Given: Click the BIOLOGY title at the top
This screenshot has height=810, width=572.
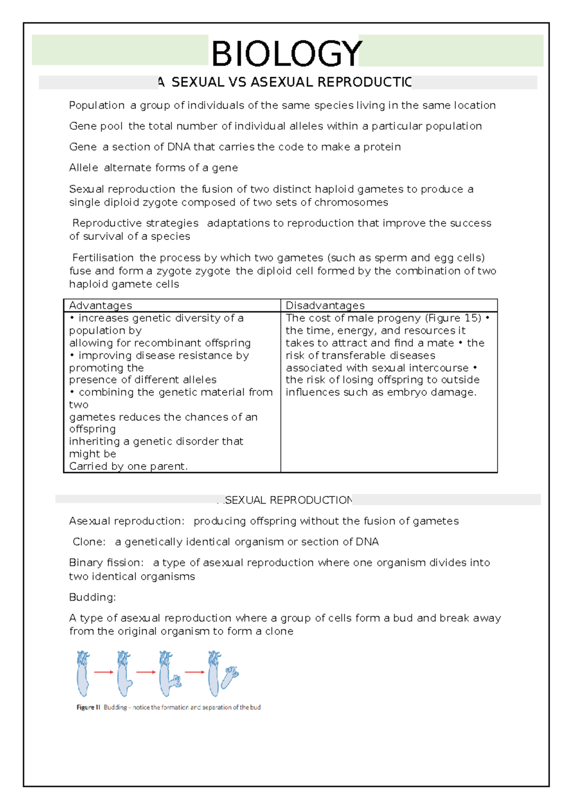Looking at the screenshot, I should [x=286, y=53].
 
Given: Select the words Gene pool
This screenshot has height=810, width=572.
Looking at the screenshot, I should [x=96, y=126].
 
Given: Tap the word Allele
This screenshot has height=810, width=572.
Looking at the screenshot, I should [x=83, y=168].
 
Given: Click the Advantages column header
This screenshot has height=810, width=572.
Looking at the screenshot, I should [x=100, y=305].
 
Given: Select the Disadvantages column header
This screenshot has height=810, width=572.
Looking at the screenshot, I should [x=325, y=305].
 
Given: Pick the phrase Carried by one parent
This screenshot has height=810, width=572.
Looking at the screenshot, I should [x=128, y=467].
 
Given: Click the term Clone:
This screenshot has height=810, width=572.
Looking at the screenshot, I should [x=89, y=542].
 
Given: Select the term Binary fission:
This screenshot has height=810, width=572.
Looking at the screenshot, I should [x=106, y=563].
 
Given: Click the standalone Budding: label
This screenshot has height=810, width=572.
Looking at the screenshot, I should [x=92, y=597].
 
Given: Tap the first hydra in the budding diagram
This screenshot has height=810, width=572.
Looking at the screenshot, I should [x=82, y=673].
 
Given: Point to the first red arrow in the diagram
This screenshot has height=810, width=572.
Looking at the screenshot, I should [x=103, y=672].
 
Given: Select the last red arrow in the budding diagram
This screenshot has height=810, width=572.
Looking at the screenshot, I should [x=194, y=672].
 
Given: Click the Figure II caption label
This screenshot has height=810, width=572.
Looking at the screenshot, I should [x=88, y=707].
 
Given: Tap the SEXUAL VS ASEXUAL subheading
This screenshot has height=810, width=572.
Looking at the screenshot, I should [x=286, y=83].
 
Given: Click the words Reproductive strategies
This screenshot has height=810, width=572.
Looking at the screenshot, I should [x=135, y=223].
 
